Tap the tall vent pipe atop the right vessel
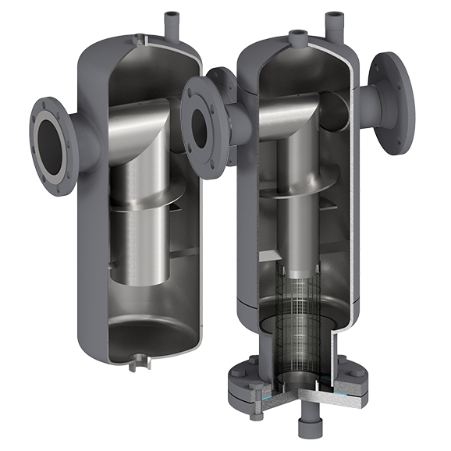[x=336, y=23]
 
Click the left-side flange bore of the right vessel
[x=201, y=121]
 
